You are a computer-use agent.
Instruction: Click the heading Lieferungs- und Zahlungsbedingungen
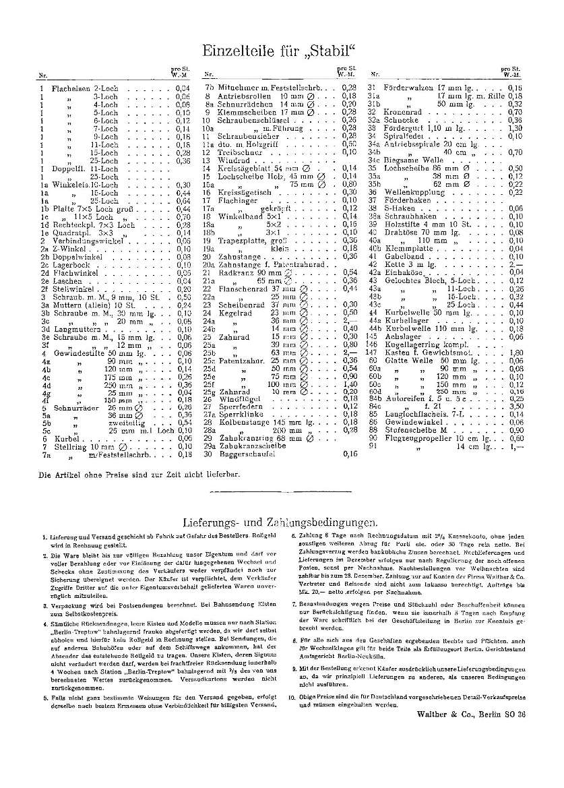(280, 522)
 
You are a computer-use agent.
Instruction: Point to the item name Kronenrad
(402, 111)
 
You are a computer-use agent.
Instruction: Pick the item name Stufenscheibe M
(412, 429)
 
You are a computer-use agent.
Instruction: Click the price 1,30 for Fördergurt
(516, 127)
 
